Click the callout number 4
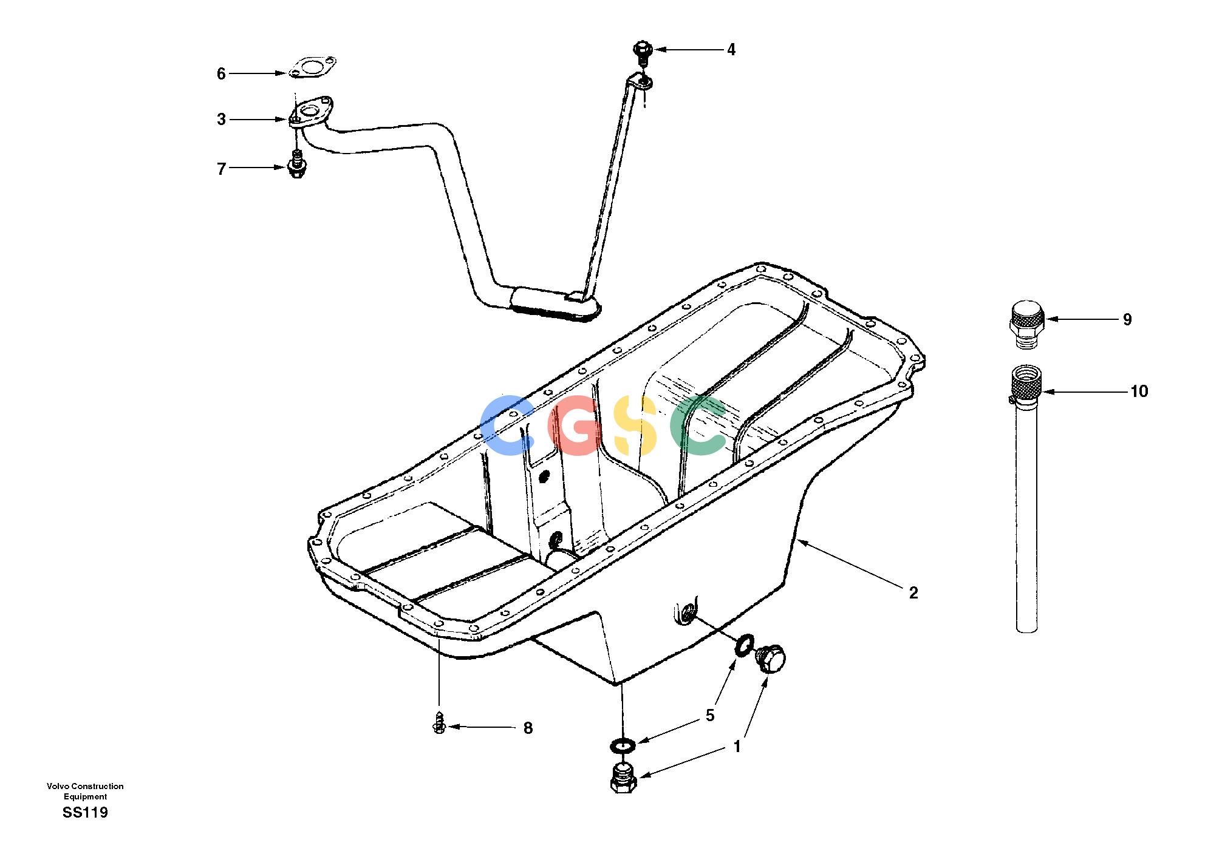731,50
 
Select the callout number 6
221,74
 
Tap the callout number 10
1139,392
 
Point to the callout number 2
913,592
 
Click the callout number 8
528,728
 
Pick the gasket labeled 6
312,69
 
